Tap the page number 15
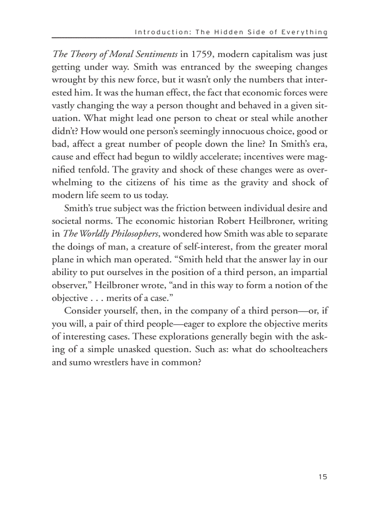click(x=323, y=477)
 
